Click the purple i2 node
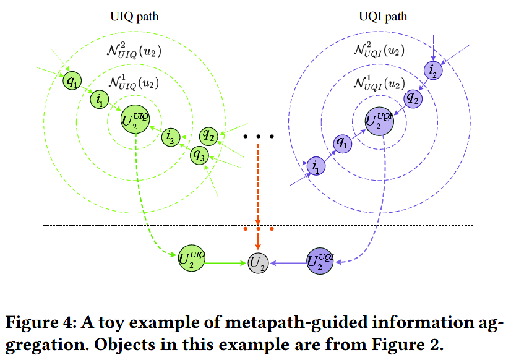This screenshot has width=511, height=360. tap(432, 70)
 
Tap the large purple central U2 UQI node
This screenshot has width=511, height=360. tap(379, 120)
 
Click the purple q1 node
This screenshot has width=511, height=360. tap(341, 144)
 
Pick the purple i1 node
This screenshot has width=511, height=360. tap(317, 166)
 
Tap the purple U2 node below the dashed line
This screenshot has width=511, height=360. tap(320, 261)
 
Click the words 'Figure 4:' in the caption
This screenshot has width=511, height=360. tap(35, 324)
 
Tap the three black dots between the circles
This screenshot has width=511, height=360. tap(258, 135)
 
